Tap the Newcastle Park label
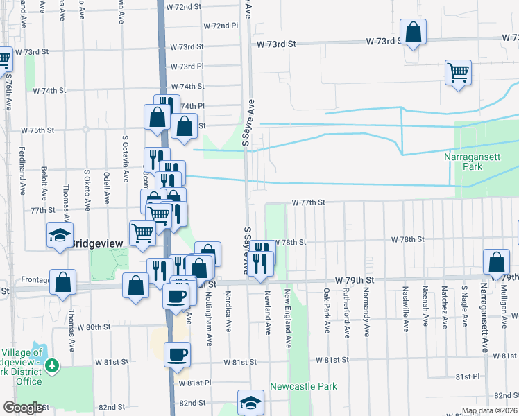pyautogui.click(x=303, y=386)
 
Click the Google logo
pyautogui.click(x=23, y=408)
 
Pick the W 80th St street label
pyautogui.click(x=94, y=327)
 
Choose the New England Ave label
pyautogui.click(x=287, y=319)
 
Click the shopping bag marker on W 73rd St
pyautogui.click(x=413, y=32)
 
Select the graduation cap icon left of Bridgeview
pyautogui.click(x=60, y=235)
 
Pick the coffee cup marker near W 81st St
pyautogui.click(x=176, y=354)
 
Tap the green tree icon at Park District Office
pyautogui.click(x=52, y=364)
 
